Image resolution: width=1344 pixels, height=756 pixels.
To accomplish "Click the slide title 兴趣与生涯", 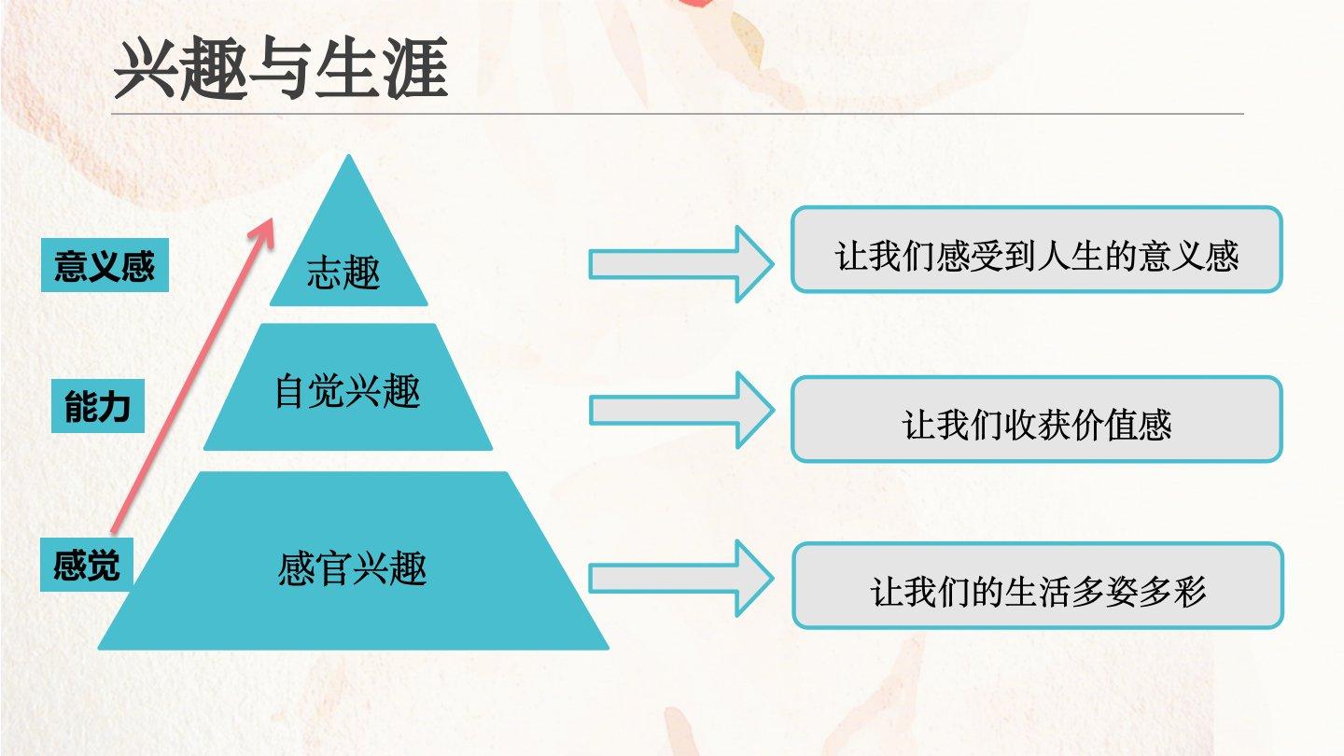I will coord(281,71).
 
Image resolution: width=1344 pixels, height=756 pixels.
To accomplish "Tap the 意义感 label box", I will coord(105,266).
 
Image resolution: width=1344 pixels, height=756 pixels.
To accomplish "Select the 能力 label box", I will coord(97,407).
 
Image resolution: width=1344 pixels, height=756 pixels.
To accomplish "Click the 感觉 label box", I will coord(86,565).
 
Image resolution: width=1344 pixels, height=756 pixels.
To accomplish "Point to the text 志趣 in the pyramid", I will coord(343,274).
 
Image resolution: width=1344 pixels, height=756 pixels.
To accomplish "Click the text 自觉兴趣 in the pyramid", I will coord(347,392).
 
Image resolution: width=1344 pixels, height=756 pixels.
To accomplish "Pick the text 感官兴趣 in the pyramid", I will coord(352,568).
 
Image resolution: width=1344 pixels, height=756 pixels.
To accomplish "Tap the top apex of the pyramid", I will coord(349,159).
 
